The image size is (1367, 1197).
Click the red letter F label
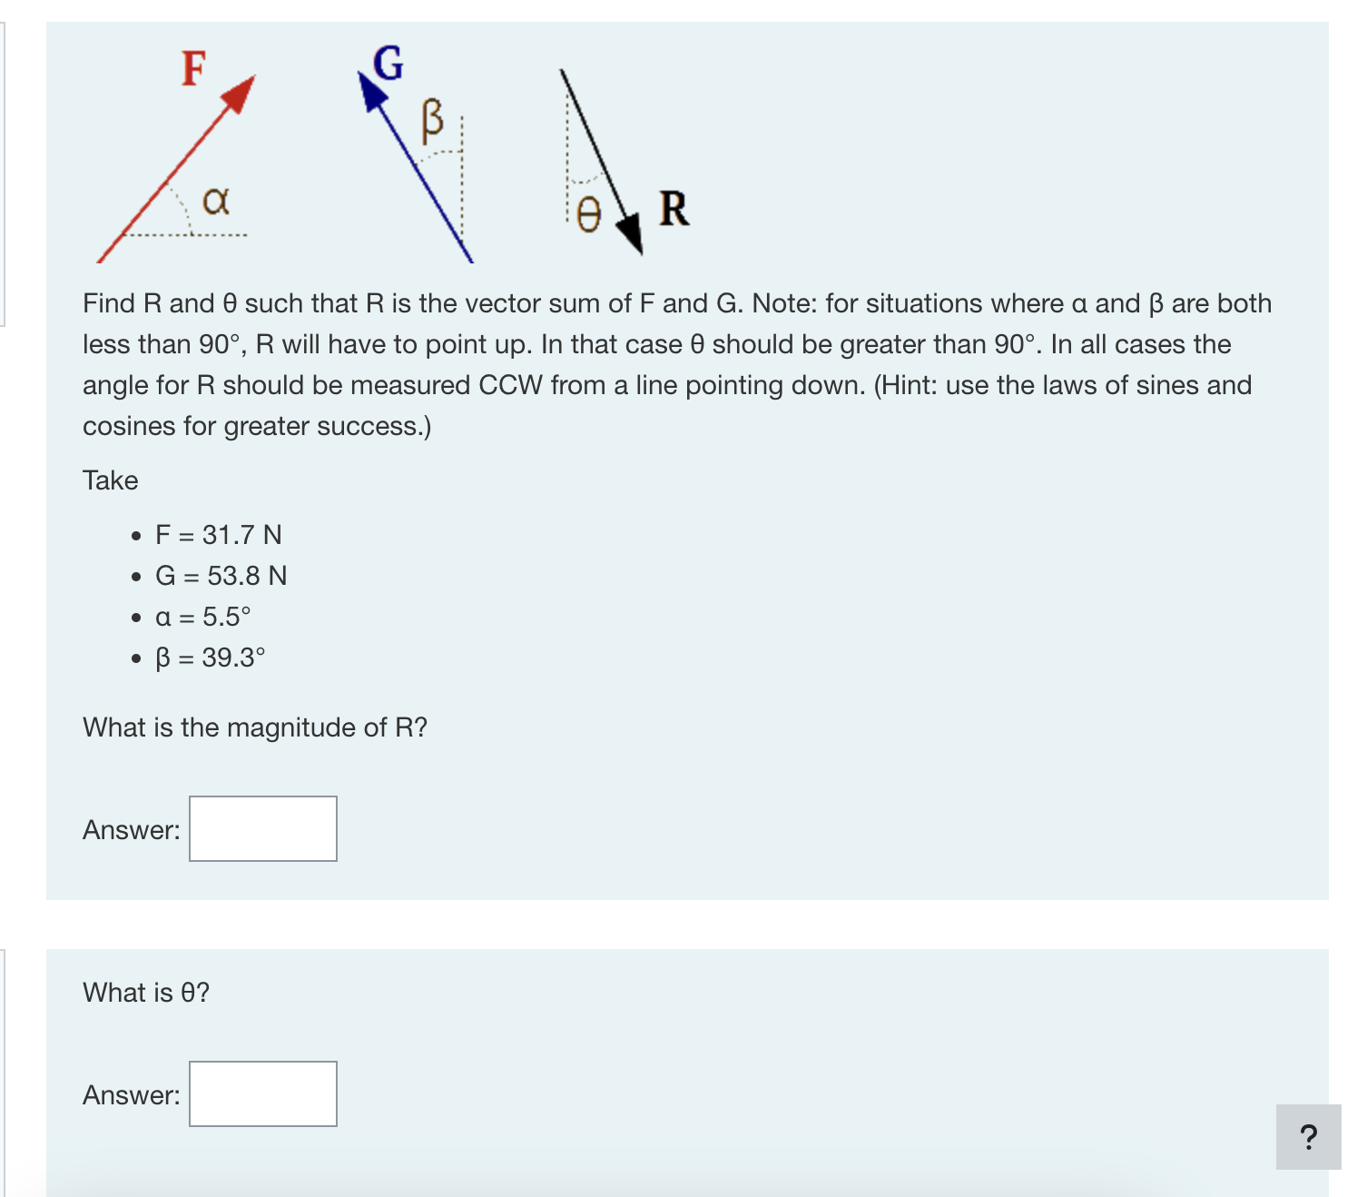(x=193, y=69)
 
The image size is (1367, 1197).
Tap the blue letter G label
(x=388, y=64)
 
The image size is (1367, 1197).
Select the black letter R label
(x=674, y=209)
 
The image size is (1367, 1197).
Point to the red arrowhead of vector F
(x=240, y=94)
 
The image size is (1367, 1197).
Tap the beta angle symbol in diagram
(x=433, y=120)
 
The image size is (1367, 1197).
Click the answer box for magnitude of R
(x=263, y=828)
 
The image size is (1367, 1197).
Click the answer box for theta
(x=263, y=1093)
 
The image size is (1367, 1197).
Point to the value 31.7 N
(x=241, y=535)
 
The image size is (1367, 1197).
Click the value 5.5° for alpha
(x=226, y=617)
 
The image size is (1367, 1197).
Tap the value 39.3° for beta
(x=233, y=658)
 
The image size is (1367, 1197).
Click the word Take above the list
(x=111, y=480)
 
